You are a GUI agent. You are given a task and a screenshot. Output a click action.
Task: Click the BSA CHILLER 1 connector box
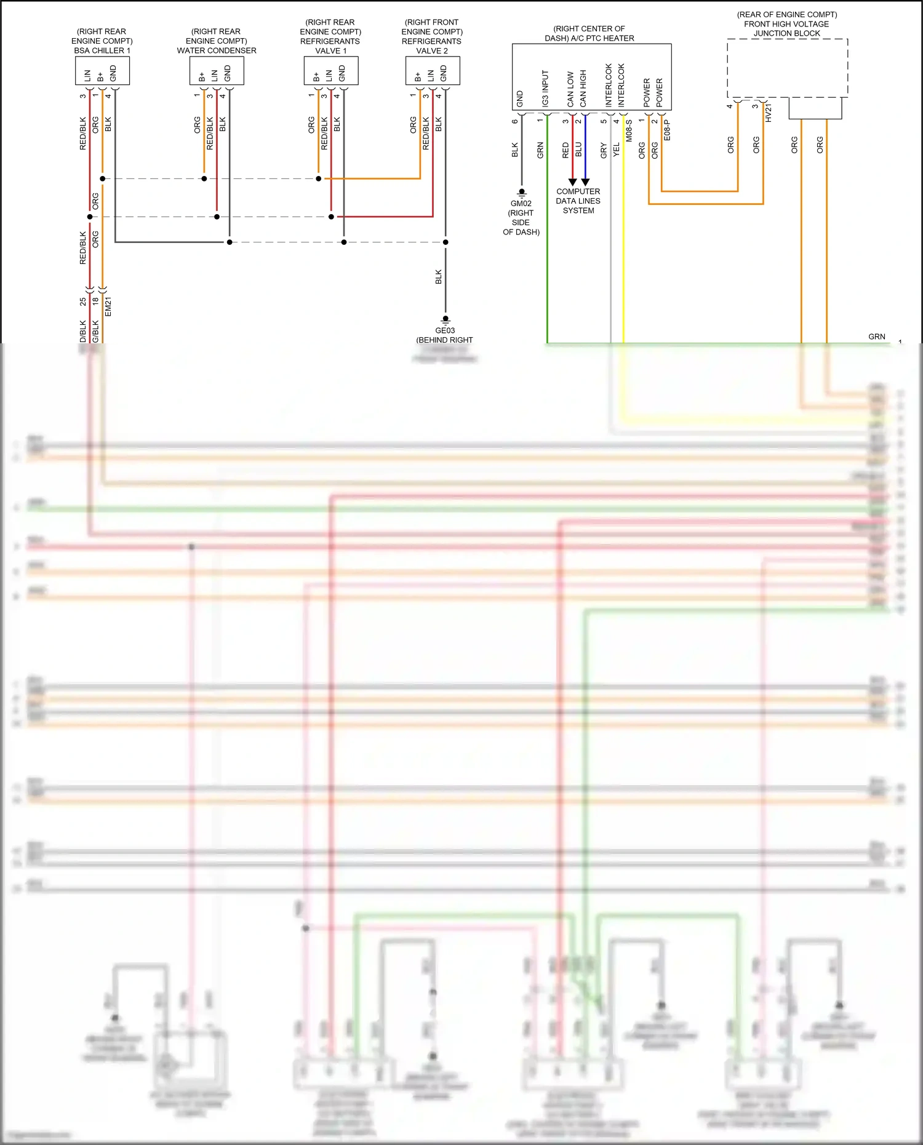[102, 71]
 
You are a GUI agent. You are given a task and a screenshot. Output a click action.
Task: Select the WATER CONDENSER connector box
[217, 71]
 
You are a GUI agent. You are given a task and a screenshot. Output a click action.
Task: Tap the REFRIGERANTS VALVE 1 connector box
[331, 71]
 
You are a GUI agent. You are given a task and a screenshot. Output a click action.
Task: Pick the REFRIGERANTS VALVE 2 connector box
[433, 71]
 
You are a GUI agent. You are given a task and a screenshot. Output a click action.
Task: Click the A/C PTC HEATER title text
[589, 33]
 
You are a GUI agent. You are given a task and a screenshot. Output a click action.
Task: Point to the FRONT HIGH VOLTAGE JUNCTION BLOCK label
[787, 24]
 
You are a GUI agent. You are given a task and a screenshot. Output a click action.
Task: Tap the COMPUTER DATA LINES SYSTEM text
[578, 201]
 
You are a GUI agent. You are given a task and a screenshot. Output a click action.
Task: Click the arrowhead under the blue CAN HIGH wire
[585, 182]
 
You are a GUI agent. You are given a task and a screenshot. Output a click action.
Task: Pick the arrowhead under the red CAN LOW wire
[572, 182]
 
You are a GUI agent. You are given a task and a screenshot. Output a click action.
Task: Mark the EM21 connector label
[108, 306]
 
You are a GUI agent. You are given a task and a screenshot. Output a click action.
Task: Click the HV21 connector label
[769, 113]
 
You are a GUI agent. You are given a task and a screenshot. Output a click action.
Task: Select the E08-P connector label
[668, 130]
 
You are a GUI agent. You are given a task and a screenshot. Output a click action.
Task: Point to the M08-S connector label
[629, 131]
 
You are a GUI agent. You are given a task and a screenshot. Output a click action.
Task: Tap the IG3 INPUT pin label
[545, 89]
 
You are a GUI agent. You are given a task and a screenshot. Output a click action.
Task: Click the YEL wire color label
[617, 150]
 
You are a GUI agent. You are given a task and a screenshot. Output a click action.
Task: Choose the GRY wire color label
[604, 150]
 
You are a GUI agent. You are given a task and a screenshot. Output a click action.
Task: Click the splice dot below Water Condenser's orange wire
[204, 178]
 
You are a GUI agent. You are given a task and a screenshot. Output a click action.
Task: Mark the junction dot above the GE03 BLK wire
[446, 242]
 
